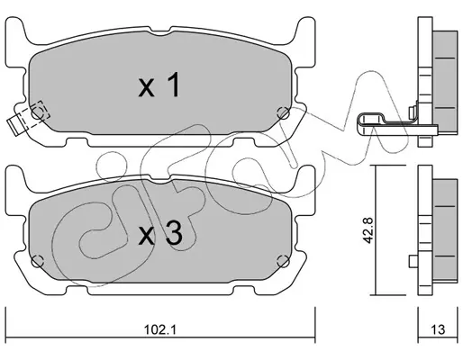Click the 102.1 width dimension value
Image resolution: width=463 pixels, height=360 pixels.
point(159,330)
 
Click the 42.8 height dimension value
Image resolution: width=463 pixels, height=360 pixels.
point(368,230)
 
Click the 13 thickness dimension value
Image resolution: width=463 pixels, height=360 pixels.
point(438,329)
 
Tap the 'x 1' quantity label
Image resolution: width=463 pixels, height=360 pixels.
point(159,85)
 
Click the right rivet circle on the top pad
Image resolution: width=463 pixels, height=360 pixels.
point(283,113)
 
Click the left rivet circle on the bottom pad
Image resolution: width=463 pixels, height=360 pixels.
point(38,261)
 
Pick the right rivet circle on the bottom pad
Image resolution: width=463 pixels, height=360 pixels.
point(283,261)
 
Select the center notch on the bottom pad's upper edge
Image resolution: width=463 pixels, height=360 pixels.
point(160,179)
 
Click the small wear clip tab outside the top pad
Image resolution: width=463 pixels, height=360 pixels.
point(14,125)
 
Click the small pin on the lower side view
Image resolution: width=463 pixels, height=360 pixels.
point(413,261)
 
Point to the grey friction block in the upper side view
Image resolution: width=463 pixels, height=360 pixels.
point(445,82)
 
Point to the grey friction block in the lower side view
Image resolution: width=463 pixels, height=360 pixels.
point(445,231)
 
